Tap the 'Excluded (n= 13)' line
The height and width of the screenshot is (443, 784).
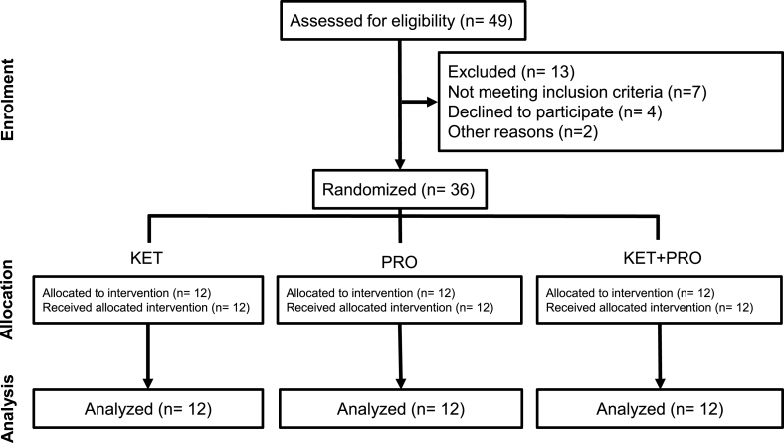pyautogui.click(x=498, y=72)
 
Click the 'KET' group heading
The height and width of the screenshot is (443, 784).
pyautogui.click(x=149, y=257)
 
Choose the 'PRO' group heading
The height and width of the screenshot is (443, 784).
pyautogui.click(x=399, y=261)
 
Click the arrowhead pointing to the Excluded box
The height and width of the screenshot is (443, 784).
pyautogui.click(x=431, y=101)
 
